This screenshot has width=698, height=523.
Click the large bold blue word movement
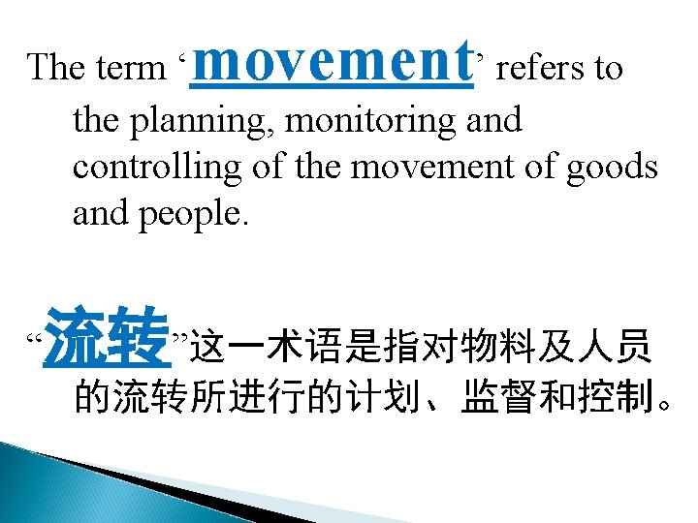pos(333,61)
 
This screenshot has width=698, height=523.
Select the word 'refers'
pos(531,68)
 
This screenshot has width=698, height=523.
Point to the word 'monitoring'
pos(374,120)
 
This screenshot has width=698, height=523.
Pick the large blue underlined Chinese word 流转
pos(108,335)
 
